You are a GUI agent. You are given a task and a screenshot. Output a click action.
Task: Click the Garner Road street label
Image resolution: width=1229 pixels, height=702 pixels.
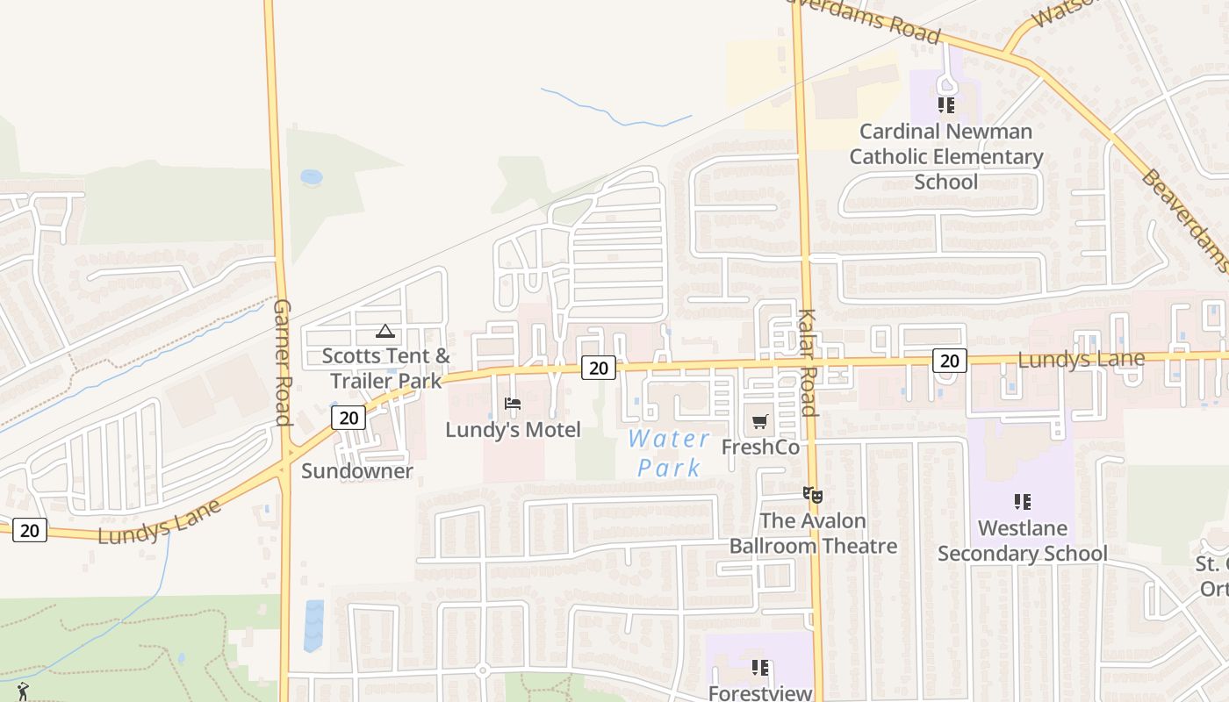(282, 362)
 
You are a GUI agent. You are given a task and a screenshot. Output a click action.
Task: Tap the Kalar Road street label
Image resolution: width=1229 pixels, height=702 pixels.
(808, 362)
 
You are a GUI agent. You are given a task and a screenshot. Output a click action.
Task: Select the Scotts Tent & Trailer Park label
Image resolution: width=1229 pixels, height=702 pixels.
(385, 369)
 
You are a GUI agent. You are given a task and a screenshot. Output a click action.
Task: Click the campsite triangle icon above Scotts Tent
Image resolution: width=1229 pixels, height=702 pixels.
(385, 332)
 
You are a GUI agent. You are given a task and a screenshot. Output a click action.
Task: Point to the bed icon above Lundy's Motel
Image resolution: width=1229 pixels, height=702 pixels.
(513, 404)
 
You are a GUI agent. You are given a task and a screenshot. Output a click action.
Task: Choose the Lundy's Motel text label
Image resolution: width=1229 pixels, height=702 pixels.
(513, 430)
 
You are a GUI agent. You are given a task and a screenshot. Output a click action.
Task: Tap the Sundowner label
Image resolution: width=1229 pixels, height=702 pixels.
(357, 471)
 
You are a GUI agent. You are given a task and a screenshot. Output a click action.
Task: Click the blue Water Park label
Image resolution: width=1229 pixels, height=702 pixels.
(670, 453)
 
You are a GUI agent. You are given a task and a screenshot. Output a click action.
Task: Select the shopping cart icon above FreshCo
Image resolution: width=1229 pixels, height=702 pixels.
(760, 421)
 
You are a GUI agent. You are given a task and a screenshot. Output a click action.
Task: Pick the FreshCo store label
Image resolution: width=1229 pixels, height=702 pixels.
(760, 448)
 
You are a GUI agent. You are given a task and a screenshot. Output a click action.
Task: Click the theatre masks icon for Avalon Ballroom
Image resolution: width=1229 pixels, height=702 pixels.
(813, 495)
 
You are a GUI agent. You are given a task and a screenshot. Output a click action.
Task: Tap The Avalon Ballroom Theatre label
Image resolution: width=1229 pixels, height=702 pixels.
(813, 534)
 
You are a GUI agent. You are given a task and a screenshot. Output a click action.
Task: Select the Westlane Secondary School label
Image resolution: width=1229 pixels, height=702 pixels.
(1023, 541)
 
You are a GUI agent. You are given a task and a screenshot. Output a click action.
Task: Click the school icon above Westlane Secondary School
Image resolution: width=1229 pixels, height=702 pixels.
(1023, 502)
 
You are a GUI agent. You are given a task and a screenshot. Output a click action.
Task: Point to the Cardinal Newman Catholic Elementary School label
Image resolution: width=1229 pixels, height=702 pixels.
(946, 156)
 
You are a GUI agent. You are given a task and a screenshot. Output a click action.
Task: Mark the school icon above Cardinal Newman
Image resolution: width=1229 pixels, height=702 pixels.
(946, 105)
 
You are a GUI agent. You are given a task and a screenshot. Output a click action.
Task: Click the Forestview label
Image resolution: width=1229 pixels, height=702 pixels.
(760, 693)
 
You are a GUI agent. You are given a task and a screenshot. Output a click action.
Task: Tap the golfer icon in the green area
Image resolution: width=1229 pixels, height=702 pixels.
(22, 691)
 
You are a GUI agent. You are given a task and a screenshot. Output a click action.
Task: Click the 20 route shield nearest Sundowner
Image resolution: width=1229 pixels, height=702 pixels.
(349, 417)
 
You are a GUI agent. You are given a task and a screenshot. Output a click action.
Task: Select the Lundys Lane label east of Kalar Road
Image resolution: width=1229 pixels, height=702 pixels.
(1081, 360)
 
